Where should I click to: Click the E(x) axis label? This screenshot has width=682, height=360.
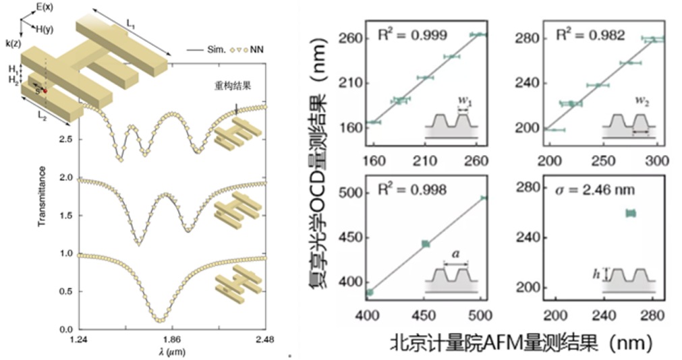[46, 7]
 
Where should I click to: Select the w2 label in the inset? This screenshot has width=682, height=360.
[642, 102]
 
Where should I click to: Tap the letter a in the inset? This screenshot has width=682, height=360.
[455, 256]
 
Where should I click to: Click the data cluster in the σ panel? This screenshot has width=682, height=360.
[631, 213]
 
